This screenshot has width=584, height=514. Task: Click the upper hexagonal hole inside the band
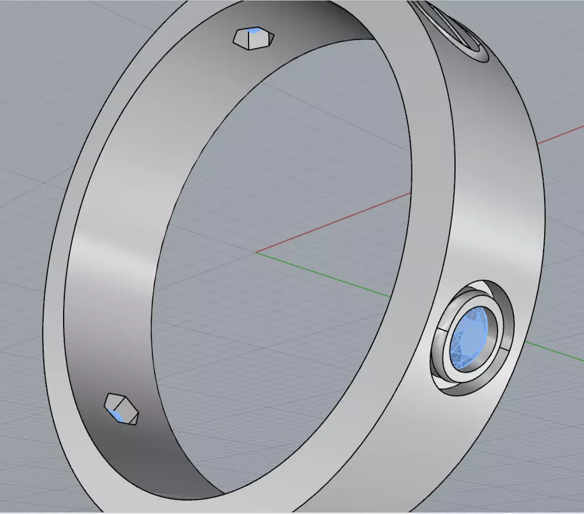254,39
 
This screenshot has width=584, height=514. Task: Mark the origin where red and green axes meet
256,253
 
